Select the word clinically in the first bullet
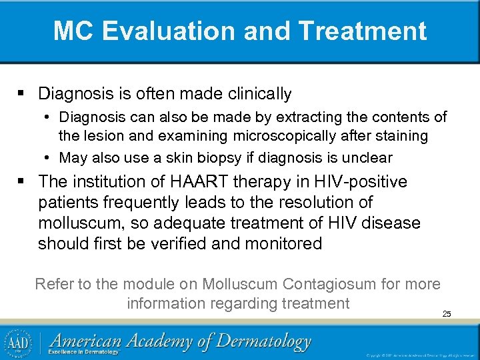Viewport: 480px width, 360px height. tap(256, 94)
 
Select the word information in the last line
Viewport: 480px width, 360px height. tap(167, 303)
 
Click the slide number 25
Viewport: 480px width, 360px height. tap(447, 313)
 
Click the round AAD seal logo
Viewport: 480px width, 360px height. tap(19, 342)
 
